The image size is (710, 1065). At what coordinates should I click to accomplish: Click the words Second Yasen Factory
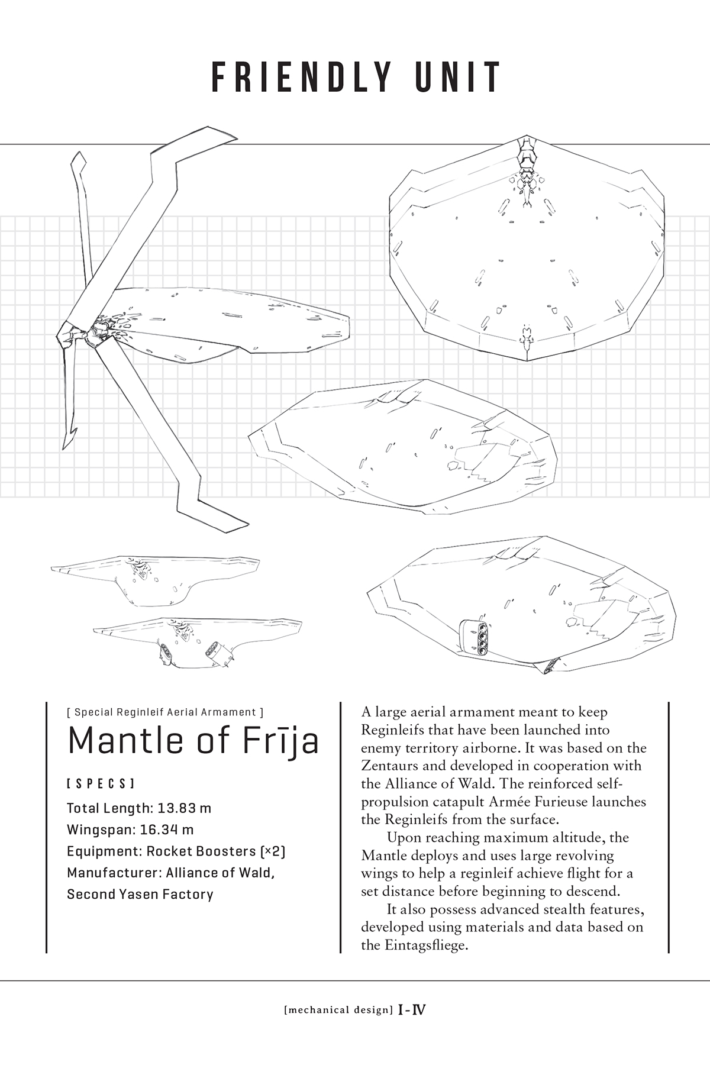pyautogui.click(x=140, y=893)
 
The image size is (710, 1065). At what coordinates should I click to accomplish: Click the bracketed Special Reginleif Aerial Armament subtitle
pyautogui.click(x=165, y=712)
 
